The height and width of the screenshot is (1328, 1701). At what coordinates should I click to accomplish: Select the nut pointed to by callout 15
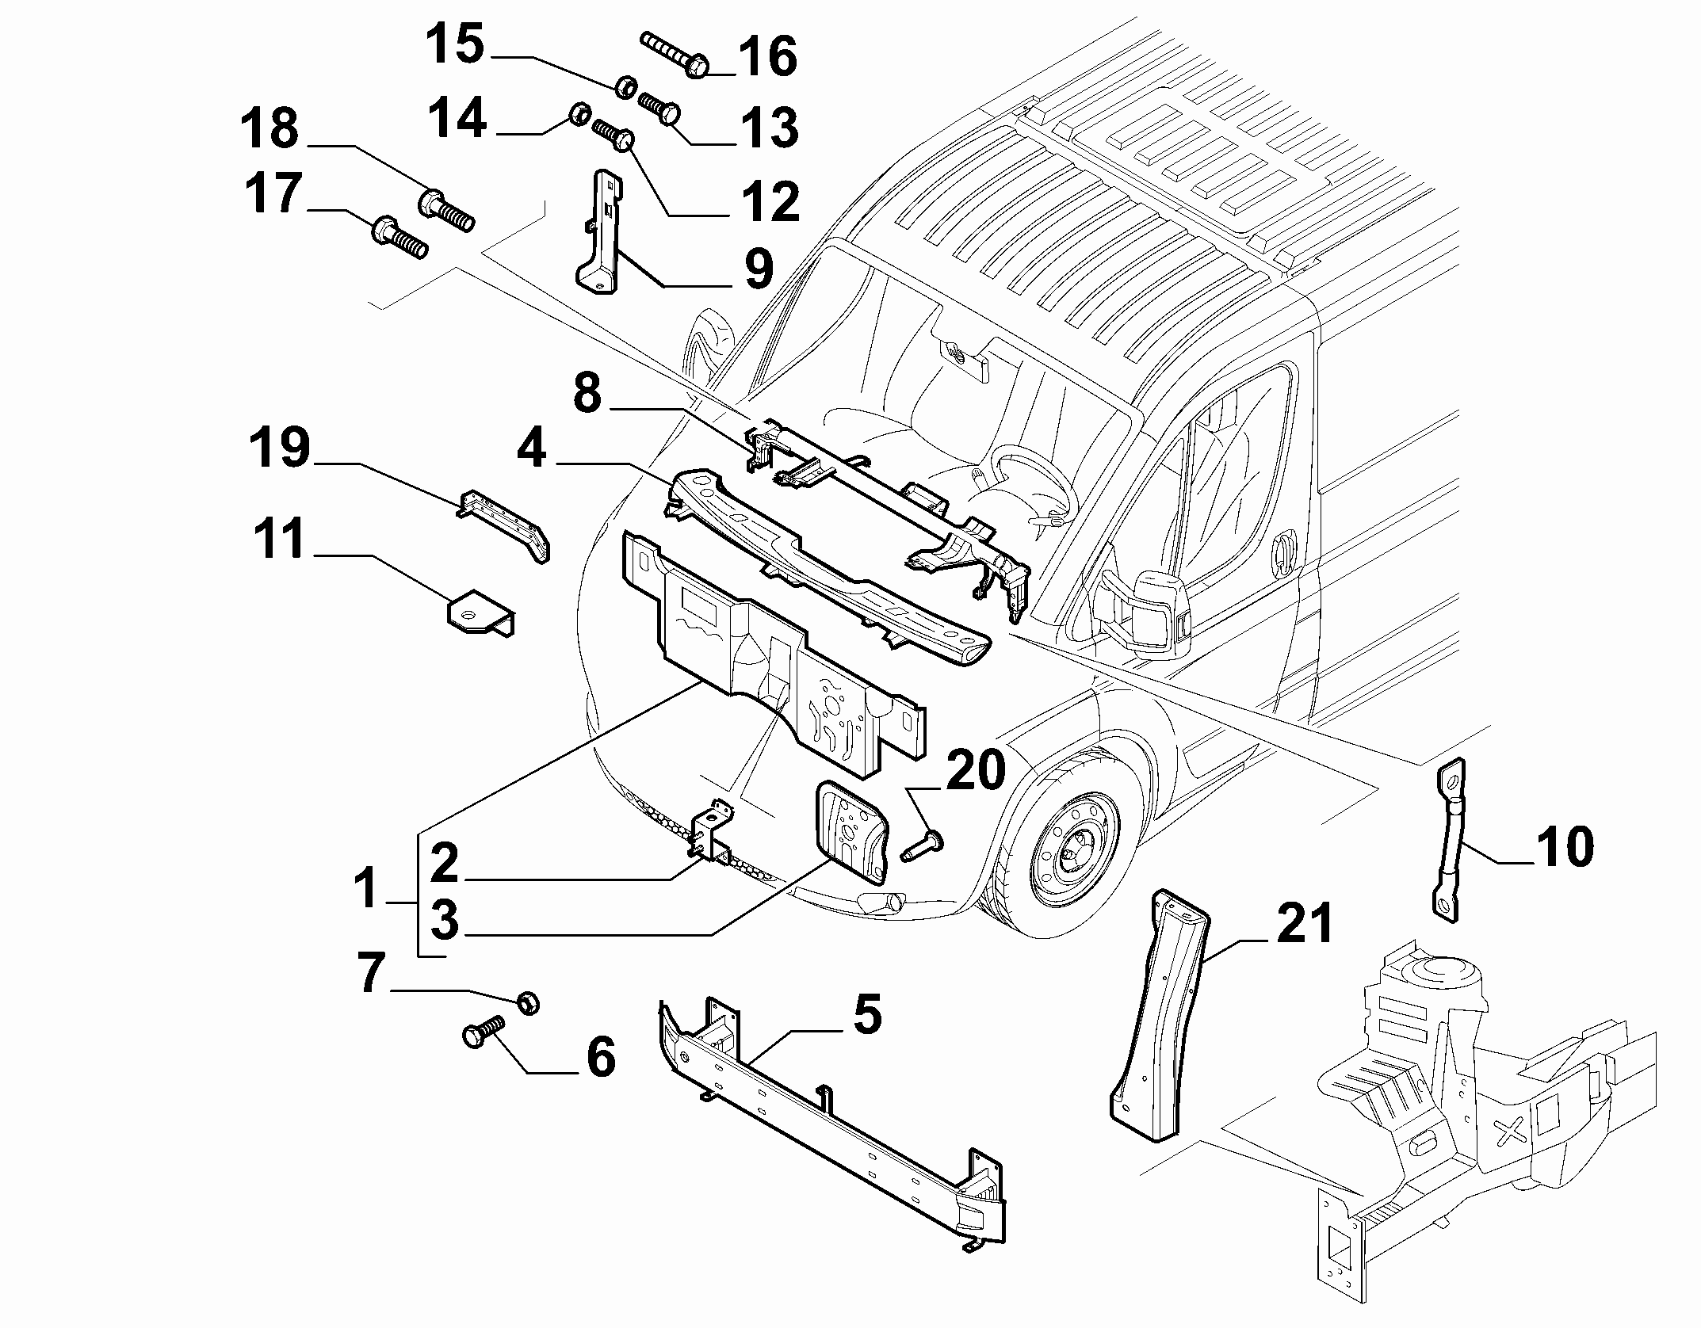[626, 86]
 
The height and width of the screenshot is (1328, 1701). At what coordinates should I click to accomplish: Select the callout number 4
[531, 450]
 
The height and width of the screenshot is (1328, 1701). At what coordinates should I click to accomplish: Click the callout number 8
[587, 394]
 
